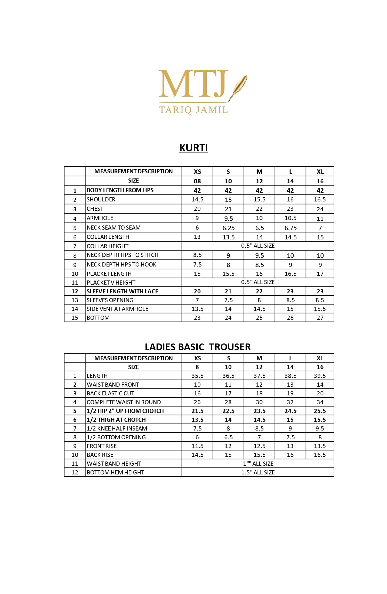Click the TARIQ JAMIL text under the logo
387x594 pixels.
(x=193, y=110)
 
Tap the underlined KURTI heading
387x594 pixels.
(x=193, y=148)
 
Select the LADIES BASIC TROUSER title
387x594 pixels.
(x=198, y=347)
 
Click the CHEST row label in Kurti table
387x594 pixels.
(x=95, y=209)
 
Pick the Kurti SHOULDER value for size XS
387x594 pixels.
(x=197, y=199)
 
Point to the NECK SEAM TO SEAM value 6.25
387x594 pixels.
(x=228, y=228)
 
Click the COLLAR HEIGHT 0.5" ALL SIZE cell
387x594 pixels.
(x=258, y=246)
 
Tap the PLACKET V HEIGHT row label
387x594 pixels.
(x=111, y=283)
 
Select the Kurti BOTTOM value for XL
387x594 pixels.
(x=320, y=318)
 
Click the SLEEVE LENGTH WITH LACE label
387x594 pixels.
(x=122, y=291)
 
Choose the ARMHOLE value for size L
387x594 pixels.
(x=290, y=218)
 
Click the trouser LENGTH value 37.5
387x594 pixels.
(x=259, y=376)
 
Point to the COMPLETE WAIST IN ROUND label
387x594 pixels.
(x=124, y=402)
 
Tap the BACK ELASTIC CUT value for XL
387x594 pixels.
(x=320, y=393)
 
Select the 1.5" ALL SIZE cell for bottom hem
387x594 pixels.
(x=258, y=472)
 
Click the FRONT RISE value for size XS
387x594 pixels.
(x=197, y=446)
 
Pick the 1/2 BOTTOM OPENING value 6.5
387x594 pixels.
(x=228, y=437)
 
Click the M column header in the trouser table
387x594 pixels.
(x=259, y=358)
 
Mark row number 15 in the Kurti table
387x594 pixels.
(x=75, y=318)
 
